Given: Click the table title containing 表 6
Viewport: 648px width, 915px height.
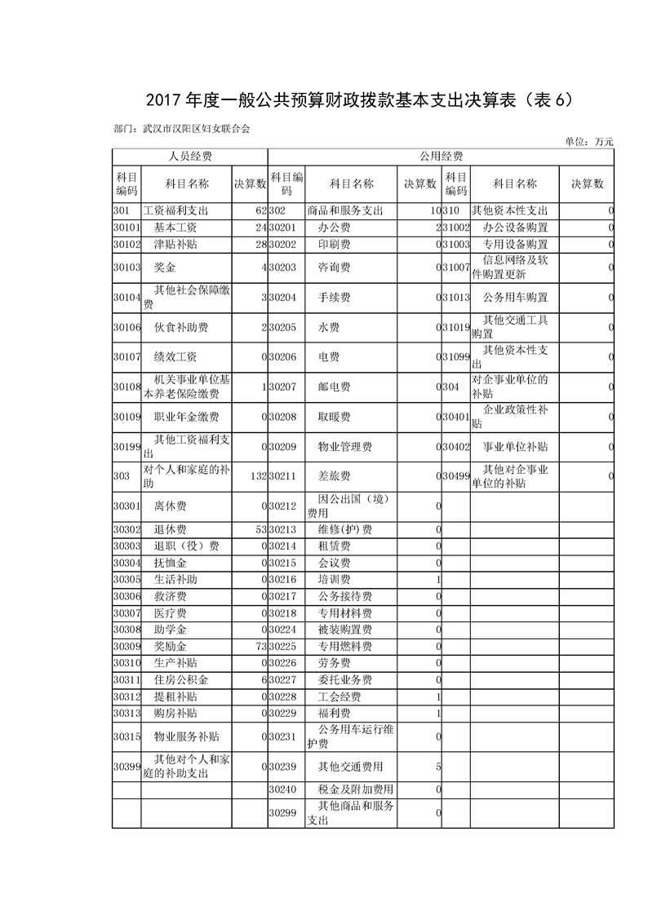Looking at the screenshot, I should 324,99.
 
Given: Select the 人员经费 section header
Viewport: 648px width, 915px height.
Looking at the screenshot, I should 190,156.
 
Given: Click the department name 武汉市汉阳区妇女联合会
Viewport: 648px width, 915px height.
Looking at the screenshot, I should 195,128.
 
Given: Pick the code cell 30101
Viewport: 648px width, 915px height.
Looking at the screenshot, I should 126,227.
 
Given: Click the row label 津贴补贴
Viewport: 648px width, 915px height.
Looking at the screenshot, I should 175,244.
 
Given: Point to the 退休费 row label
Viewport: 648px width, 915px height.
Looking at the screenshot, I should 170,530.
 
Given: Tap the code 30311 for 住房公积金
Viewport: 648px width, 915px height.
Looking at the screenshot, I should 126,679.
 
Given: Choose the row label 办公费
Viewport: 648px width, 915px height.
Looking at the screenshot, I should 334,227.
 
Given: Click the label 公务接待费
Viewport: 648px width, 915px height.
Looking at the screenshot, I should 344,596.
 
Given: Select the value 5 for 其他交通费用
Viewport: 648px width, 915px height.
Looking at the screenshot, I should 438,767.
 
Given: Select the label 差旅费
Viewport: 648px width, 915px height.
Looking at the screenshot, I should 334,475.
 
